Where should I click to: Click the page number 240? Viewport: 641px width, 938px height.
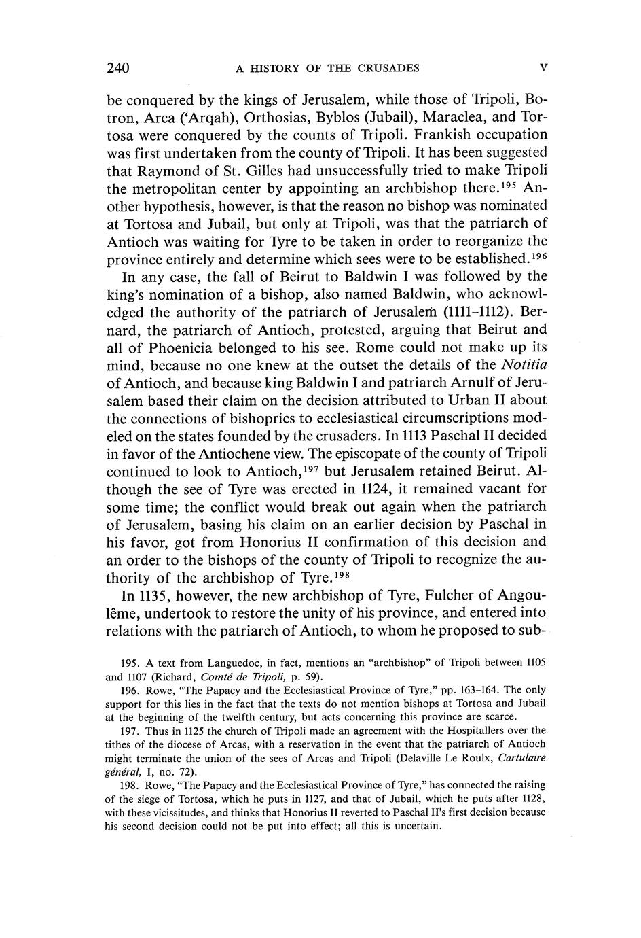[x=118, y=68]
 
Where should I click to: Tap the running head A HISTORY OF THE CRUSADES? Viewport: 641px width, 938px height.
[x=327, y=68]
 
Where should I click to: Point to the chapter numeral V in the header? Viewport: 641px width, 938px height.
[x=543, y=67]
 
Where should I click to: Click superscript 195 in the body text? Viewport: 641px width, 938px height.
[x=509, y=184]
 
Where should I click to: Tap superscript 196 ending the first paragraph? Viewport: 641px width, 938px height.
[x=538, y=254]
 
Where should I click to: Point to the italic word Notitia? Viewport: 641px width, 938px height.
[x=524, y=365]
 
